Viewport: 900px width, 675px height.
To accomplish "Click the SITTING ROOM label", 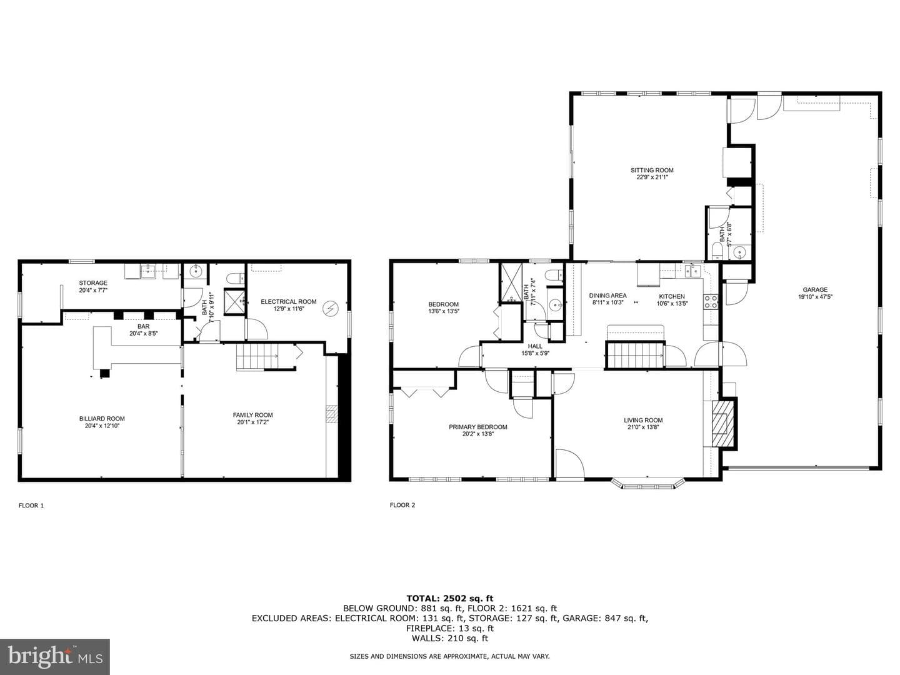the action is (x=651, y=170).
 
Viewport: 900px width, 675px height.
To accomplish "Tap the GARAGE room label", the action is (x=815, y=289).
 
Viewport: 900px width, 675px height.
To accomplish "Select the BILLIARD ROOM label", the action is (x=102, y=419).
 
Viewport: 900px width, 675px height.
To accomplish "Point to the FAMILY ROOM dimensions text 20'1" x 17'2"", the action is (x=252, y=422).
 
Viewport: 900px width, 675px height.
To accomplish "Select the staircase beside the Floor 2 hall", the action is (x=635, y=356).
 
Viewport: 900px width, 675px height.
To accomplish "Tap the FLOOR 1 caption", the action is (x=31, y=506).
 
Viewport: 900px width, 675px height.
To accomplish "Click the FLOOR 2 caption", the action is (x=402, y=505).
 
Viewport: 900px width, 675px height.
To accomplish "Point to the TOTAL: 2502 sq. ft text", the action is (x=450, y=598).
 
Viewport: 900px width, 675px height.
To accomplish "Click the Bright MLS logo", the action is (x=54, y=656).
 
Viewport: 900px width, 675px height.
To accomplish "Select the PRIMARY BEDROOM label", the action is (x=477, y=427).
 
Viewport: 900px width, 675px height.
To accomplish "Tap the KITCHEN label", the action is (x=672, y=296).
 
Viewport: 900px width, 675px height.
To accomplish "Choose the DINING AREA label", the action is (x=607, y=296).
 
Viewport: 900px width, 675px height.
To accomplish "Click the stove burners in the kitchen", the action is (x=711, y=302).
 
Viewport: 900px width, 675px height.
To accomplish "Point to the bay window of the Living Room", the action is (x=648, y=484).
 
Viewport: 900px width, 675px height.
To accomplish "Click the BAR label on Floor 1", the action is (x=144, y=326).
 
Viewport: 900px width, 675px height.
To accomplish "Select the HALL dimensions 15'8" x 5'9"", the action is (x=535, y=353).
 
